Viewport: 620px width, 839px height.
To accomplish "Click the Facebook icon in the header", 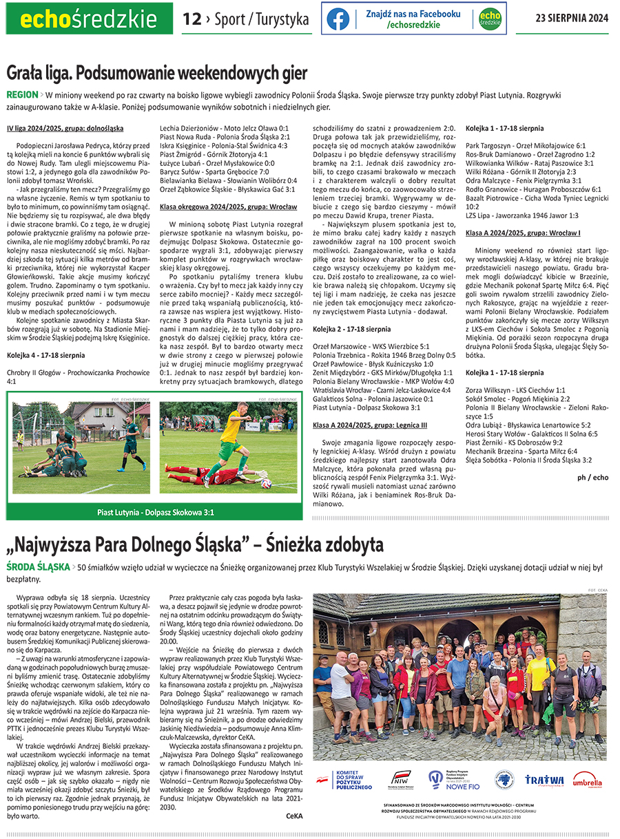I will [338, 19].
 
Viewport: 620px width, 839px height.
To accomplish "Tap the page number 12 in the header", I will [191, 19].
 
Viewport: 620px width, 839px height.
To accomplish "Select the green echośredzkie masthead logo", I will [87, 19].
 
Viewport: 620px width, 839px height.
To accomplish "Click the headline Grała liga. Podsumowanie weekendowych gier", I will [157, 73].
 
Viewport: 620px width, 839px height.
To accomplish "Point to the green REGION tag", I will [22, 94].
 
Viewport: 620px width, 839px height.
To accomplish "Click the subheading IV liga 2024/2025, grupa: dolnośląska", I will [65, 129].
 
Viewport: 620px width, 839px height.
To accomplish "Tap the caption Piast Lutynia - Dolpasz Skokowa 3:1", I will [156, 512].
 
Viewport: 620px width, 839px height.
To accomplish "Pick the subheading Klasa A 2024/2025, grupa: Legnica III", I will [370, 425].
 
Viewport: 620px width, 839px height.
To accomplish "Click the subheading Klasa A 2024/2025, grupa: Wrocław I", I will [523, 233].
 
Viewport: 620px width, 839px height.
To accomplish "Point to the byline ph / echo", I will [592, 477].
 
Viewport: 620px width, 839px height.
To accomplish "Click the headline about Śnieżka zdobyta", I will [195, 546].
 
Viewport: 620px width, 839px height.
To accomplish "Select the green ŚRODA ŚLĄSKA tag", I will [34, 568].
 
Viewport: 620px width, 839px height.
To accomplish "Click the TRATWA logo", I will [544, 779].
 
